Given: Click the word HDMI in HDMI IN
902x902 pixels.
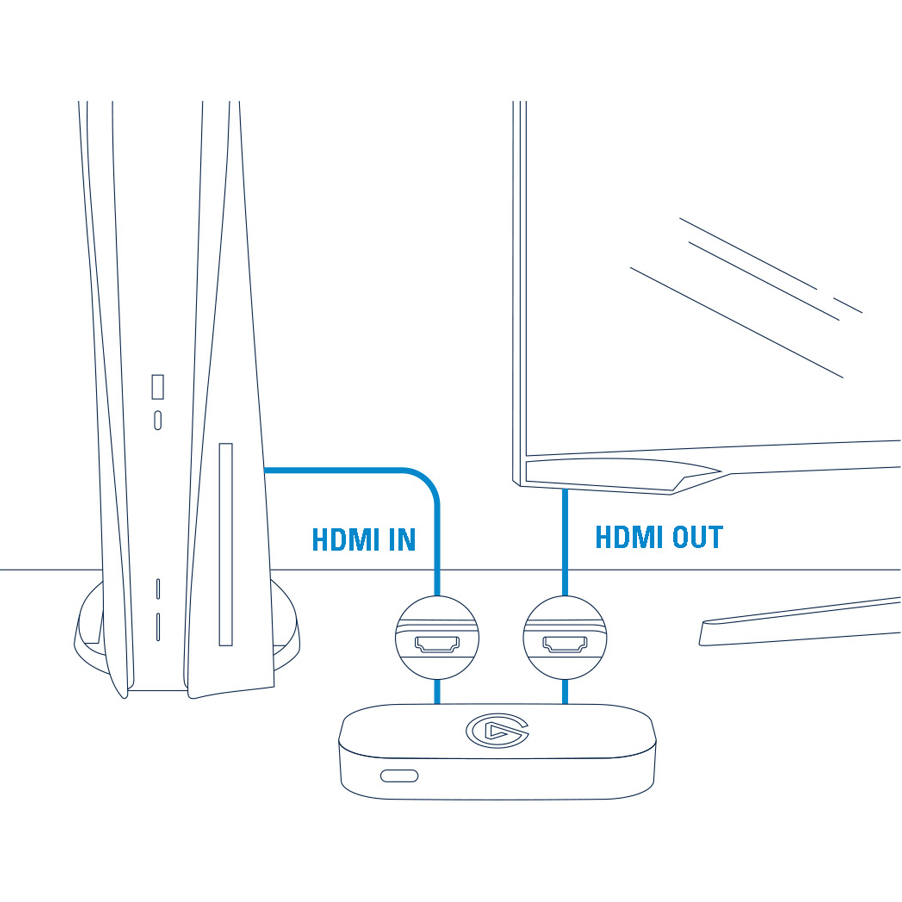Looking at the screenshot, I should pyautogui.click(x=346, y=540).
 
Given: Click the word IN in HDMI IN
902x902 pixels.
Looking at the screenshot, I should pyautogui.click(x=402, y=540).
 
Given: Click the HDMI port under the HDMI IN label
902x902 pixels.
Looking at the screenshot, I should pyautogui.click(x=437, y=645).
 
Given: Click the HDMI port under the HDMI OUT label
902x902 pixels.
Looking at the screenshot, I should pyautogui.click(x=565, y=645).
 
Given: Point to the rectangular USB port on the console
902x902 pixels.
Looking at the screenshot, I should pyautogui.click(x=158, y=387).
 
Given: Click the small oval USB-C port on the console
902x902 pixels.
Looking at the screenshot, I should pyautogui.click(x=158, y=420).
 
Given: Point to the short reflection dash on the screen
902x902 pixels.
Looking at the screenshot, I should pyautogui.click(x=847, y=305).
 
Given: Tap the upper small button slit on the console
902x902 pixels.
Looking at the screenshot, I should pyautogui.click(x=158, y=589).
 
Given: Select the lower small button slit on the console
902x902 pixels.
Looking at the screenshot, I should pyautogui.click(x=158, y=627).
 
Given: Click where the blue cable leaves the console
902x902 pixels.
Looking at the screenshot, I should pyautogui.click(x=269, y=470).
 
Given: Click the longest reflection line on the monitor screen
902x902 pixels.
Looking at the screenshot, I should pyautogui.click(x=736, y=322).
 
